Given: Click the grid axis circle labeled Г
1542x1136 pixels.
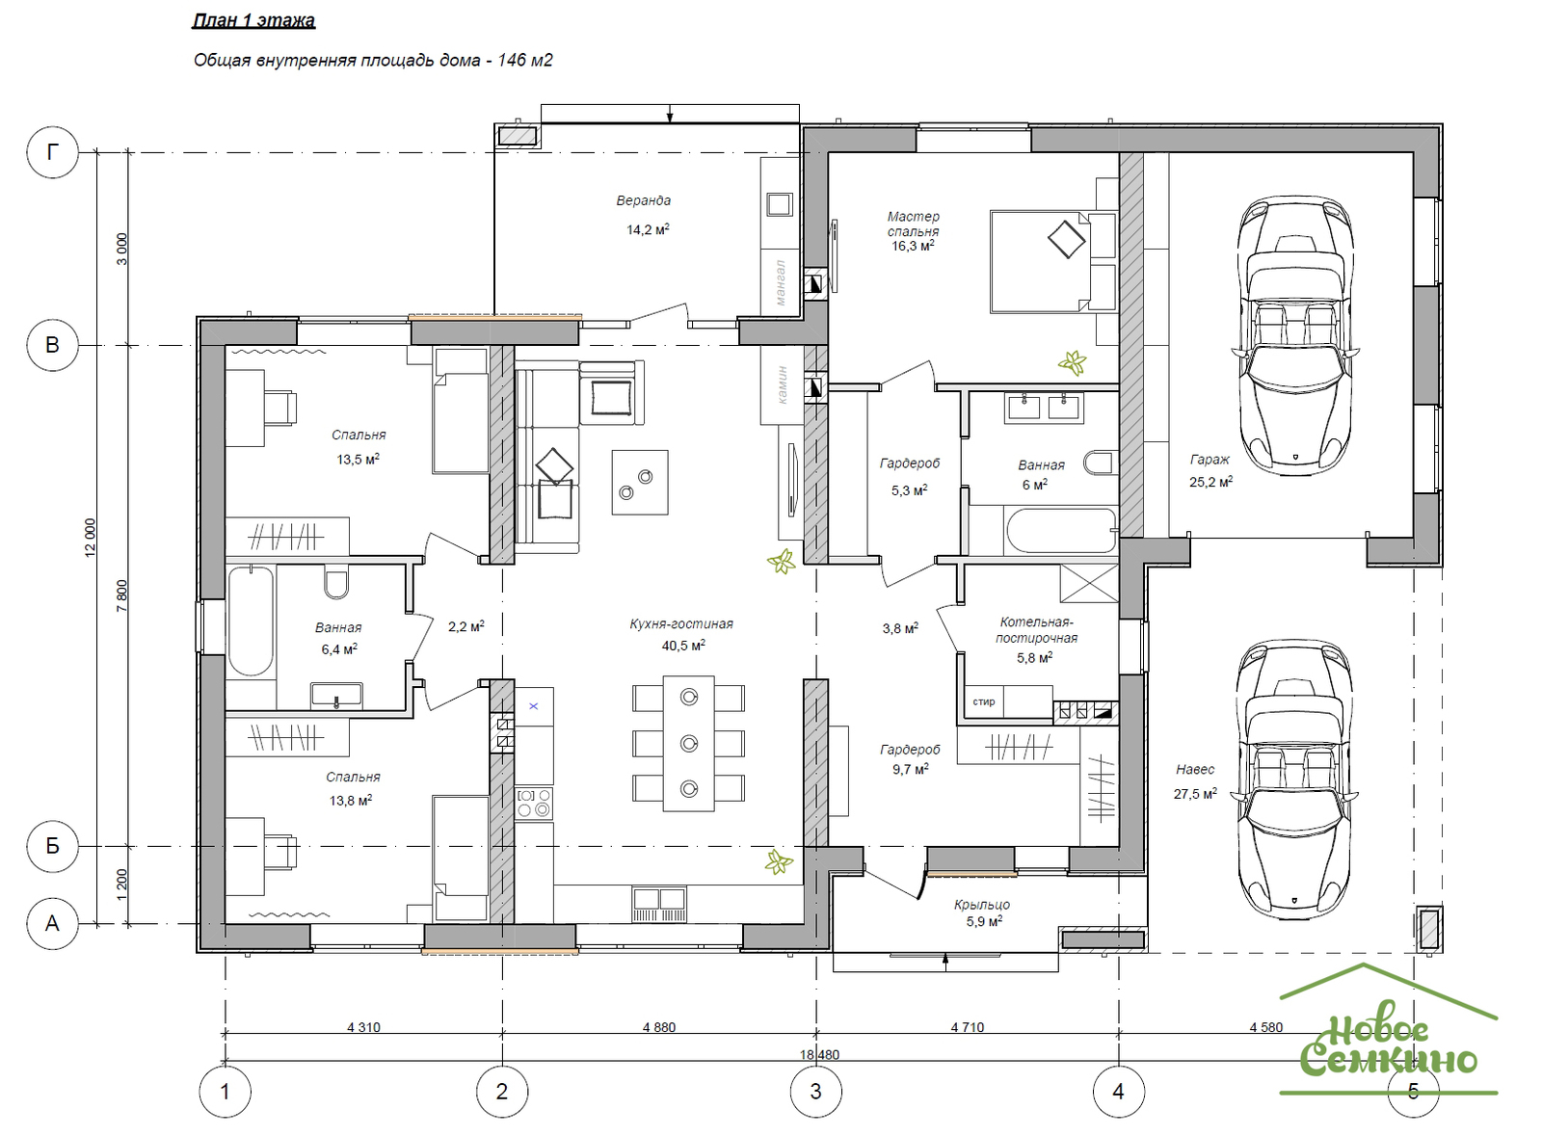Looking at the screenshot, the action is (52, 152).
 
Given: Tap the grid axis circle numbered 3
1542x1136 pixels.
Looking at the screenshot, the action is (815, 1092).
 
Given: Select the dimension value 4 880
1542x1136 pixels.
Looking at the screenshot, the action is (659, 1027).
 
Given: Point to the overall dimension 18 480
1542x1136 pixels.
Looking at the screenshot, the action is (819, 1055).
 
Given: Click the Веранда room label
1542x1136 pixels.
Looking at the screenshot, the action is (643, 201).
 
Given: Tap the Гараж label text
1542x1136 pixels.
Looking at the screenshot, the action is (1210, 460).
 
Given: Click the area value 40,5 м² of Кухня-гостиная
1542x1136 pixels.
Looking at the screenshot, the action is (683, 646).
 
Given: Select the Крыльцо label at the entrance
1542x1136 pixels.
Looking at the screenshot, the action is (982, 905).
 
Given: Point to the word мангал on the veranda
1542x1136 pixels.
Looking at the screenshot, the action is (780, 282).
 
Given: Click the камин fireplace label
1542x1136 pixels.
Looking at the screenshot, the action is (782, 384).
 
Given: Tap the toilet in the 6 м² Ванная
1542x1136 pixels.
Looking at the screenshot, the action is (1100, 462).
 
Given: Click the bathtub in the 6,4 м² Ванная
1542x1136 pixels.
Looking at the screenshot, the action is (251, 620).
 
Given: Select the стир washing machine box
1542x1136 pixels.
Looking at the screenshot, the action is (984, 701).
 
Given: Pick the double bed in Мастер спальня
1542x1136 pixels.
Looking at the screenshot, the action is (1052, 262).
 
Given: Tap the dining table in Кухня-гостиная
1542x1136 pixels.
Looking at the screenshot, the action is (688, 743).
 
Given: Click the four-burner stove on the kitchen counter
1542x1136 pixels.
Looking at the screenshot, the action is (534, 803).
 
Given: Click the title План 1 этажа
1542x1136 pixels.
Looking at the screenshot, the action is (253, 20).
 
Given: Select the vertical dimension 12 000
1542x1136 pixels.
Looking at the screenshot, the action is (91, 538).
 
